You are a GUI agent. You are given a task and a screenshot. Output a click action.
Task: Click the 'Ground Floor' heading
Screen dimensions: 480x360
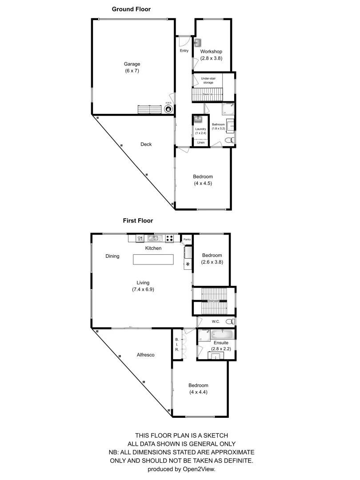(131, 9)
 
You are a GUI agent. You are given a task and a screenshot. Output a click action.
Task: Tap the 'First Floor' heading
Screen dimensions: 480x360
(138, 220)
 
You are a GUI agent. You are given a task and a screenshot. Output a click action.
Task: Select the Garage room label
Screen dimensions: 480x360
(132, 64)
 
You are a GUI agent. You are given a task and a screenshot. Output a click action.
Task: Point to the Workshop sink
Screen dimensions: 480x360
(198, 43)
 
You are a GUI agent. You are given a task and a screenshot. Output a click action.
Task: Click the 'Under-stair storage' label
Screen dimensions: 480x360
(208, 80)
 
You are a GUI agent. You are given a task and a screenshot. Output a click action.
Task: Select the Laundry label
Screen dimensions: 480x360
(200, 129)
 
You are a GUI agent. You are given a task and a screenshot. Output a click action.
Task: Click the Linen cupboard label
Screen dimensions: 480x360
(201, 143)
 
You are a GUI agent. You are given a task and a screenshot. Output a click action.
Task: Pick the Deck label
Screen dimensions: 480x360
(146, 144)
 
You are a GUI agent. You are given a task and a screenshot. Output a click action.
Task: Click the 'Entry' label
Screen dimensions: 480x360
(184, 51)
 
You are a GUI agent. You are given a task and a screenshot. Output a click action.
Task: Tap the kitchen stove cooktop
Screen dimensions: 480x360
(169, 238)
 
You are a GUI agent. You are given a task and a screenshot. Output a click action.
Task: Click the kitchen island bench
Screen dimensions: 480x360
(153, 259)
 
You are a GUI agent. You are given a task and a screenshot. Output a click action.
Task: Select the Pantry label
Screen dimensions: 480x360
(187, 239)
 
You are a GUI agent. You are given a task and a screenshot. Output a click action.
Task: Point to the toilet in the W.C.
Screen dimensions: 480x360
(229, 321)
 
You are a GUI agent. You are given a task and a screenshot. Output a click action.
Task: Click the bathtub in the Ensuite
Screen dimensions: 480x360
(222, 334)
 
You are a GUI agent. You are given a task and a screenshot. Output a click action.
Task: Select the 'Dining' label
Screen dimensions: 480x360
(112, 256)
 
